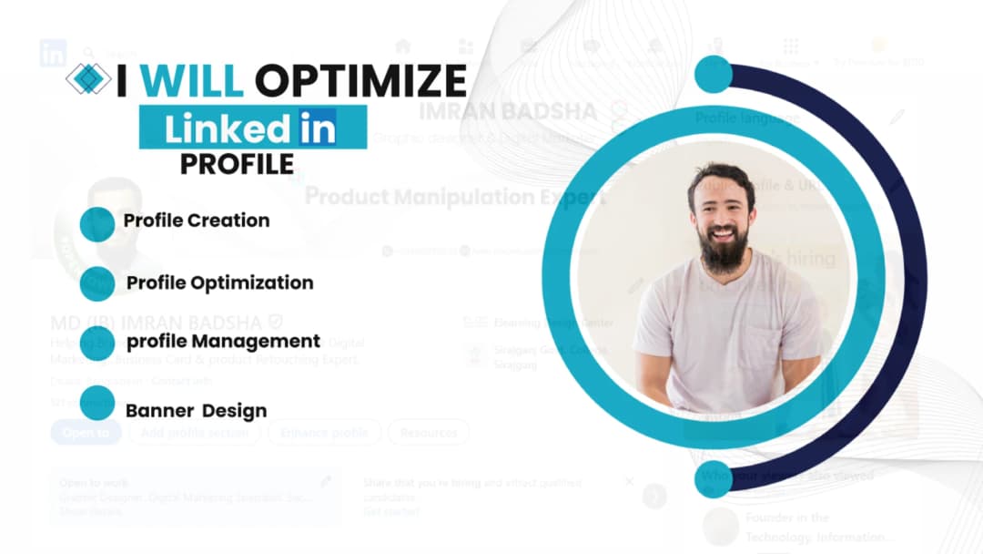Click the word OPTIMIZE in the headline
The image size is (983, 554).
[360, 81]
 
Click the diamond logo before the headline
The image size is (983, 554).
[87, 79]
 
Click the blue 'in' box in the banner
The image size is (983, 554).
[316, 128]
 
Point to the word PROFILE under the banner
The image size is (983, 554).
[237, 163]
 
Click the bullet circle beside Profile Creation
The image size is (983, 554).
[97, 224]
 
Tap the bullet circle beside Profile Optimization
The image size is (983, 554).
[97, 283]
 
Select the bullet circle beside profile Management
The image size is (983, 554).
[97, 343]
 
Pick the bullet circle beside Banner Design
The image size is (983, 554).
[97, 403]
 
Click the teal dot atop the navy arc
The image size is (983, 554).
[713, 75]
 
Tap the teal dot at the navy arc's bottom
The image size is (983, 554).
[713, 479]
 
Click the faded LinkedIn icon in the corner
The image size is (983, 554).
[53, 54]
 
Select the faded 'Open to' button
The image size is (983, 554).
[86, 433]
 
